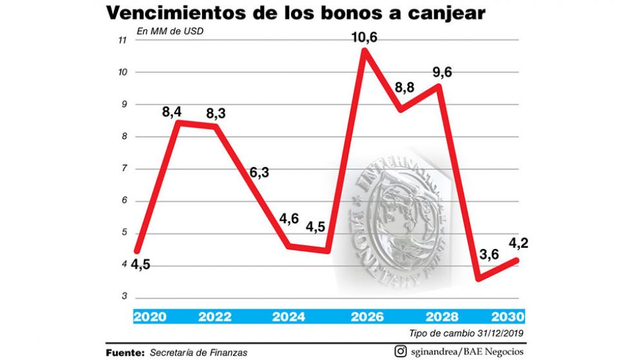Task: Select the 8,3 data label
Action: coord(217,113)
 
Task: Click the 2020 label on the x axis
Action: coord(150,317)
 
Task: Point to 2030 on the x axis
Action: coord(508,317)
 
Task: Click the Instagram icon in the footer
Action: coord(400,352)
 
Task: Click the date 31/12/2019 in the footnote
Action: coord(498,333)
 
